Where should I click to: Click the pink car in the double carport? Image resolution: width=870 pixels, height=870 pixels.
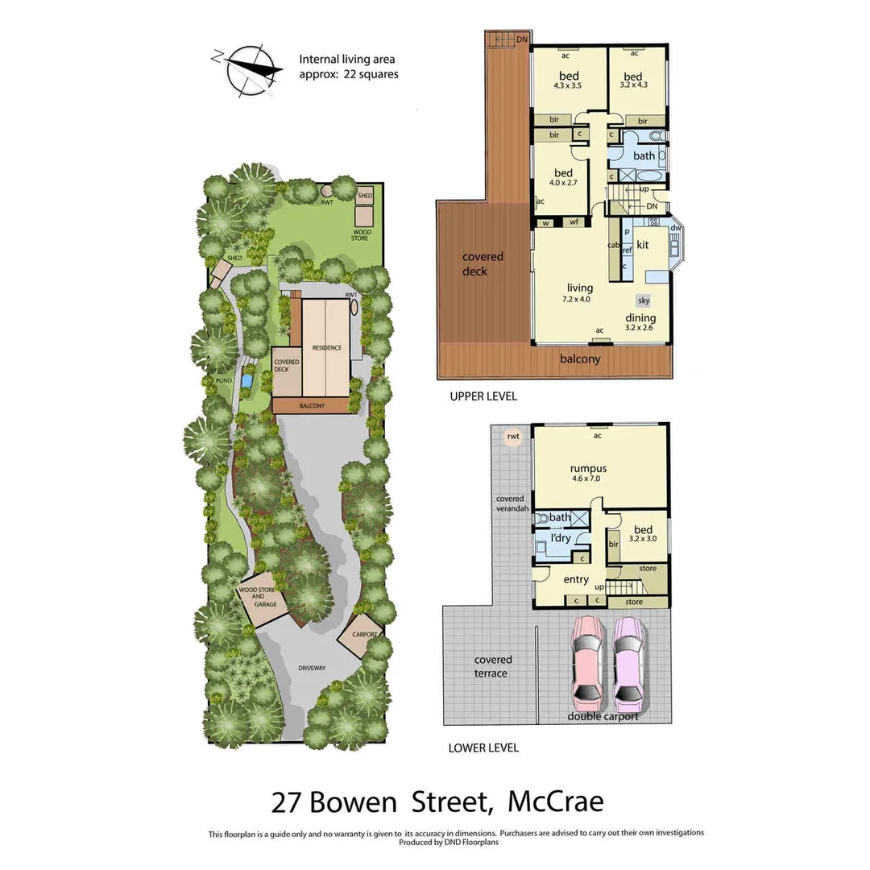[x=586, y=661]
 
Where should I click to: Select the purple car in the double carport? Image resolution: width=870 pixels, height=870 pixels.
[x=630, y=661]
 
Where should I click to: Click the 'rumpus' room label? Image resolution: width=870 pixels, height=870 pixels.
[x=588, y=468]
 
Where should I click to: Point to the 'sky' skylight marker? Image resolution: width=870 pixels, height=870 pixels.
[x=643, y=300]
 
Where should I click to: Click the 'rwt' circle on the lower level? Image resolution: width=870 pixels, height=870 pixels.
[x=512, y=437]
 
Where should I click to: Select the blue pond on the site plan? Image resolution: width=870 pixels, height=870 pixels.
[x=247, y=378]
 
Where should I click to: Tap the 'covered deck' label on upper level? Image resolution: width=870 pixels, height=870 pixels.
[x=483, y=263]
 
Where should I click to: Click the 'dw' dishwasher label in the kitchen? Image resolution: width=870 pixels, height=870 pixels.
[x=675, y=228]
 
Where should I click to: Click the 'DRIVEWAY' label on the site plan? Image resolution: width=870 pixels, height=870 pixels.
[x=311, y=668]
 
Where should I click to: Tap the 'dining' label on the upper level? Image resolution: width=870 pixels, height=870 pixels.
[x=640, y=317]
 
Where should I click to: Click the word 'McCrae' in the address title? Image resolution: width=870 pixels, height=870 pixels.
[x=556, y=802]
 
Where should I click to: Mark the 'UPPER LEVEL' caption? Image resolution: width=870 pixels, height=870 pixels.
[x=483, y=396]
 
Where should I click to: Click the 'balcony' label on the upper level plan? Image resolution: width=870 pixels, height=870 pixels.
[x=580, y=359]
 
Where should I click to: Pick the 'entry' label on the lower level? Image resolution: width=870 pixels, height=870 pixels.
[x=575, y=579]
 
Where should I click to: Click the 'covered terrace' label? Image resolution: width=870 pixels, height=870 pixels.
[x=492, y=666]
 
